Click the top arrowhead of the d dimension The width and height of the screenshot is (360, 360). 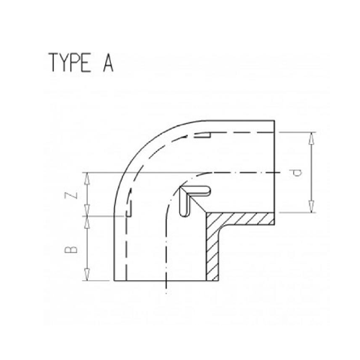(312, 135)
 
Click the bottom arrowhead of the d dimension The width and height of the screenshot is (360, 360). (312, 210)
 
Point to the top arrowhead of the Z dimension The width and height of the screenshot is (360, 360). (86, 175)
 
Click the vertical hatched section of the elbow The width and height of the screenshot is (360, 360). (214, 252)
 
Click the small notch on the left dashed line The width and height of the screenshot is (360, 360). (131, 212)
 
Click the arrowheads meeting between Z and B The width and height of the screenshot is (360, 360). (86, 214)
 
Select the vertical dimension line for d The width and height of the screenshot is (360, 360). (312, 172)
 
